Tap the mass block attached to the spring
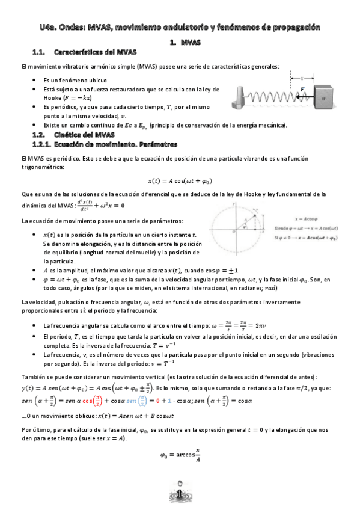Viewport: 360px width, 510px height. pos(322,95)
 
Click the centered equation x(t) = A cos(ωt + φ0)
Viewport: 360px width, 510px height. pos(180,180)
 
